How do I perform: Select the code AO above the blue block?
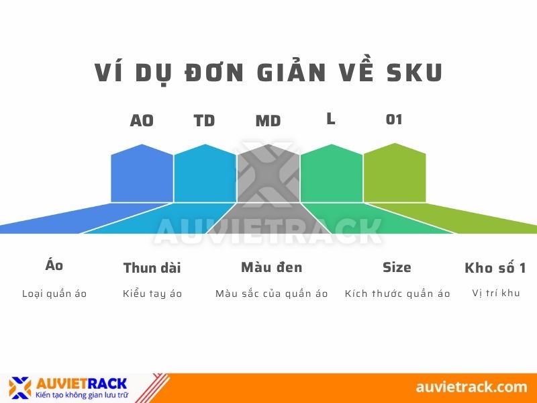coord(142,121)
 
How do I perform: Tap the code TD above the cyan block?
coord(204,121)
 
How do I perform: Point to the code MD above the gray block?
coord(268,122)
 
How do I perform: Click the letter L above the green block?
coord(331,119)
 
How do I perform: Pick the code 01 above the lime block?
coord(394,120)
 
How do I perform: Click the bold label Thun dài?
coord(152,268)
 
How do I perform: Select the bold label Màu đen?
coord(272,267)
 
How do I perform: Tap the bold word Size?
coord(397,267)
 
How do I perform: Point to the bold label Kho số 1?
coord(495,268)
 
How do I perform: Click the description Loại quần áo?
coord(54,294)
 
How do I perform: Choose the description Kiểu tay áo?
coord(152,294)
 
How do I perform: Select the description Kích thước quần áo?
coord(397,294)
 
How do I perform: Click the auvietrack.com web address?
coord(471,387)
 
